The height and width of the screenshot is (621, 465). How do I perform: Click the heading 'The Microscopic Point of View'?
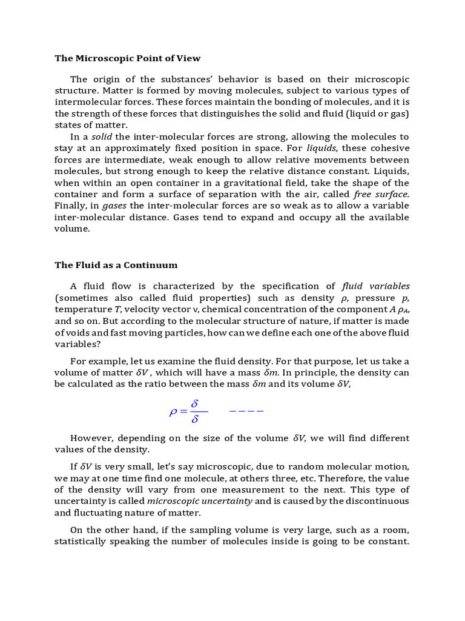128,58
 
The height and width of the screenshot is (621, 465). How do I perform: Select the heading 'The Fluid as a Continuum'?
116,264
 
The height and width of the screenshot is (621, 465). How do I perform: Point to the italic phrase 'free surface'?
381,195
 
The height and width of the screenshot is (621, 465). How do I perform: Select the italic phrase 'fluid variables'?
375,286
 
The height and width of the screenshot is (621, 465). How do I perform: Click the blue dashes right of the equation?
246,411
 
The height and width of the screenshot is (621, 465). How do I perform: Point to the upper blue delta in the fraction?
195,403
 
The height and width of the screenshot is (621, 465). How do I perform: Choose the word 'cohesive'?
388,149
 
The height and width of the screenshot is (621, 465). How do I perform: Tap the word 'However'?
92,438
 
